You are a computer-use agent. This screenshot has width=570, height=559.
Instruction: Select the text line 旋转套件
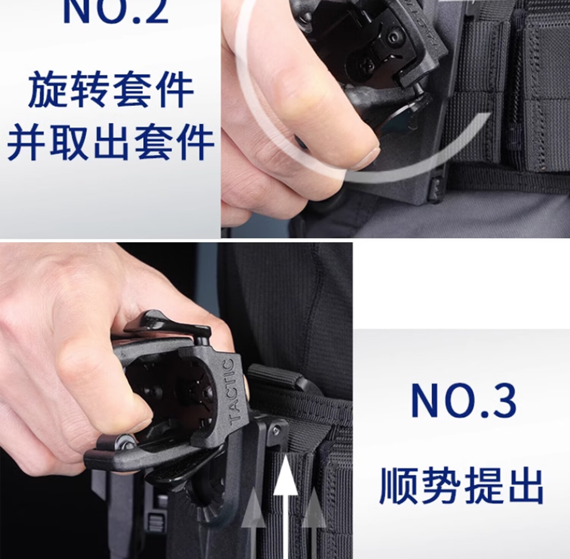pos(111,90)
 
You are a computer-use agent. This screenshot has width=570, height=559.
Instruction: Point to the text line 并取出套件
pos(110,142)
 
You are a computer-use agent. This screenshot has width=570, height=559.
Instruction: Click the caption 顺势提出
pos(461,486)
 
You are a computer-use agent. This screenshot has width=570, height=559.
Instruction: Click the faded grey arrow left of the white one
pos(253,523)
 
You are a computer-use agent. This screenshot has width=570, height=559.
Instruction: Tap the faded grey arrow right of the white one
pos(314,523)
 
